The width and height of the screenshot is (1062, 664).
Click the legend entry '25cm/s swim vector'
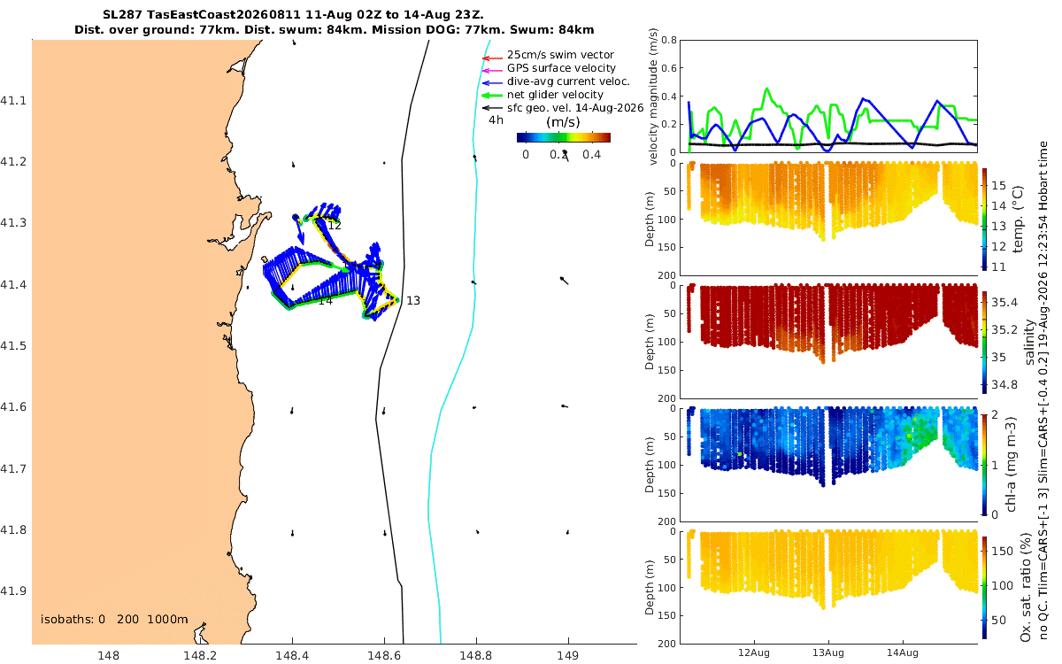coord(560,55)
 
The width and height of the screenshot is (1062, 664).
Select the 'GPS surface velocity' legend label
coord(561,68)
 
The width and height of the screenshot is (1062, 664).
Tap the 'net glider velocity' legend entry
coord(555,95)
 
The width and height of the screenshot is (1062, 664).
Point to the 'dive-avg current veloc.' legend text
coord(568,81)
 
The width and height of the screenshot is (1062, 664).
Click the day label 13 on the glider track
coord(413,301)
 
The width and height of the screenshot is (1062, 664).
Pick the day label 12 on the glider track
coord(335,226)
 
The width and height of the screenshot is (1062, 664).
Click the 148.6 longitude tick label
coord(384,655)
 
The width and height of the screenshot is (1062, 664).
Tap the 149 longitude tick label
coord(568,655)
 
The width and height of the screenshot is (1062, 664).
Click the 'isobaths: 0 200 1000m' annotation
coord(114,620)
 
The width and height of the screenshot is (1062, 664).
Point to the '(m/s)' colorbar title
coord(563,122)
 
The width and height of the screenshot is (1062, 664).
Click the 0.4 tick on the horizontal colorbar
coord(592,155)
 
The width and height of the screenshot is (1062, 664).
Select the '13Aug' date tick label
coord(828,652)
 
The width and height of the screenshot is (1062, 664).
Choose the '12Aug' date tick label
coord(754,652)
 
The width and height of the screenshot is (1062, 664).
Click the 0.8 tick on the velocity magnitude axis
coord(669,41)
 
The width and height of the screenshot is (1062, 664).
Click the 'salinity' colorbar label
coord(1029,342)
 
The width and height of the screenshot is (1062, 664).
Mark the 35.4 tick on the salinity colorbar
coord(1004,302)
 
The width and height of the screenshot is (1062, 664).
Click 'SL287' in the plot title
coord(122,14)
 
